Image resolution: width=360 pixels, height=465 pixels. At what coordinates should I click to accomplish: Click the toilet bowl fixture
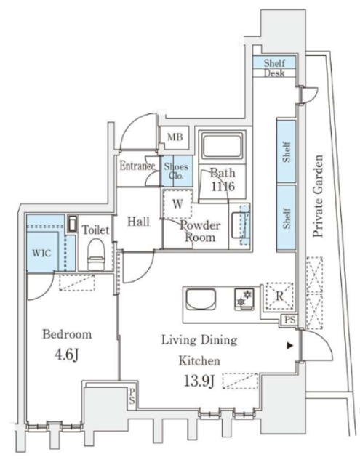point(96,254)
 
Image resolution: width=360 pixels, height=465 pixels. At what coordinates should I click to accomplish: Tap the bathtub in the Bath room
point(223,146)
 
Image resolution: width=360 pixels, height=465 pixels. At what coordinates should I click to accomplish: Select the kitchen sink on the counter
point(201,299)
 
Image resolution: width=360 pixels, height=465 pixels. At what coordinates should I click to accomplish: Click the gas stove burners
point(244,299)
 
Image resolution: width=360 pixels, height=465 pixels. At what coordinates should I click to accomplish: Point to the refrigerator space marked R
point(280,296)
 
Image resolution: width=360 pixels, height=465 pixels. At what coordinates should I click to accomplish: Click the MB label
point(175,137)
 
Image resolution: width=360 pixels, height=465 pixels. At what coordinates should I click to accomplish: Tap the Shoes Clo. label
point(176,171)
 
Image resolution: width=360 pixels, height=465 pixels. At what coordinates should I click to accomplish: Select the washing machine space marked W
point(177,203)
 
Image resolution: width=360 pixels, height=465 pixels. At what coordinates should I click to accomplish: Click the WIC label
point(41,253)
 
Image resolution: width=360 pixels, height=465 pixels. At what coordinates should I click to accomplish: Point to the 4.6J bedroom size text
point(66,355)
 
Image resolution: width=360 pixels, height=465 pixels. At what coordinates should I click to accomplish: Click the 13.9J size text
point(199,381)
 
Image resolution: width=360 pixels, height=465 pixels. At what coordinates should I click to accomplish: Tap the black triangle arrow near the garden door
point(290,346)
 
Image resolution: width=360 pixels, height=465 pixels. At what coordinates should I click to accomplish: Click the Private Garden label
point(318,196)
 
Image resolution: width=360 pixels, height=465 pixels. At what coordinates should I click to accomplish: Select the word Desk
point(274,73)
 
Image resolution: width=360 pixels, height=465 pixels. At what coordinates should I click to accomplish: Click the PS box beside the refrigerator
point(290,320)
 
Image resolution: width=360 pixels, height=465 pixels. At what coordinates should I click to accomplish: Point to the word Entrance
point(137,166)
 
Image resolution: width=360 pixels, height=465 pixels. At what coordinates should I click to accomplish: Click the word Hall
point(138,222)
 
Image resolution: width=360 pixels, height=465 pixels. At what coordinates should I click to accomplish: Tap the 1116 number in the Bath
point(223,186)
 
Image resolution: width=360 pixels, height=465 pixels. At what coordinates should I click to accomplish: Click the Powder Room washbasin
point(241,225)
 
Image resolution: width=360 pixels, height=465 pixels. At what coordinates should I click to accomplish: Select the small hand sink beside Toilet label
point(73,224)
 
